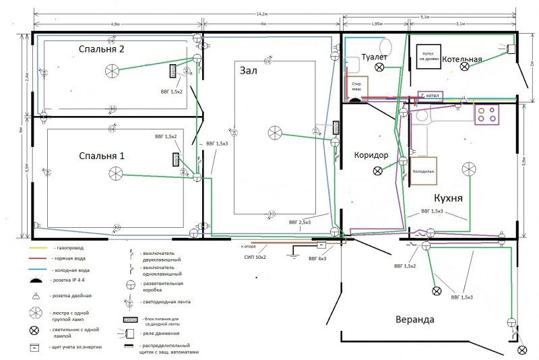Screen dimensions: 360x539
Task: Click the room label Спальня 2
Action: (x=101, y=49)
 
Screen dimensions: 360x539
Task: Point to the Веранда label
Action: (x=404, y=319)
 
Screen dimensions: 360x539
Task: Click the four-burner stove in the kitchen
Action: (x=489, y=115)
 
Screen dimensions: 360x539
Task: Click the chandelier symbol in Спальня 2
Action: (x=112, y=69)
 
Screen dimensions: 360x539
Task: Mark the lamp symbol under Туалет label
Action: (x=379, y=68)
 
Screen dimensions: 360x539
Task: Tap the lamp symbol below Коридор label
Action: (x=377, y=171)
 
